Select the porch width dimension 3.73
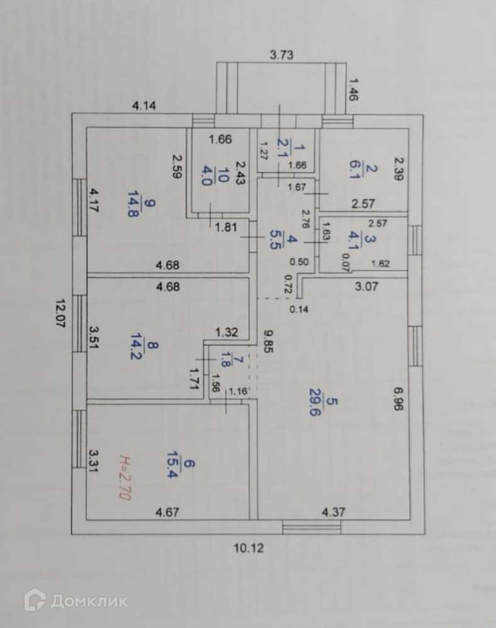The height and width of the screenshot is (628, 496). (282, 55)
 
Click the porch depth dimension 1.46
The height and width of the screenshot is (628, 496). (353, 89)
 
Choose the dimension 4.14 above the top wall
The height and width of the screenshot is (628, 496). (144, 106)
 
